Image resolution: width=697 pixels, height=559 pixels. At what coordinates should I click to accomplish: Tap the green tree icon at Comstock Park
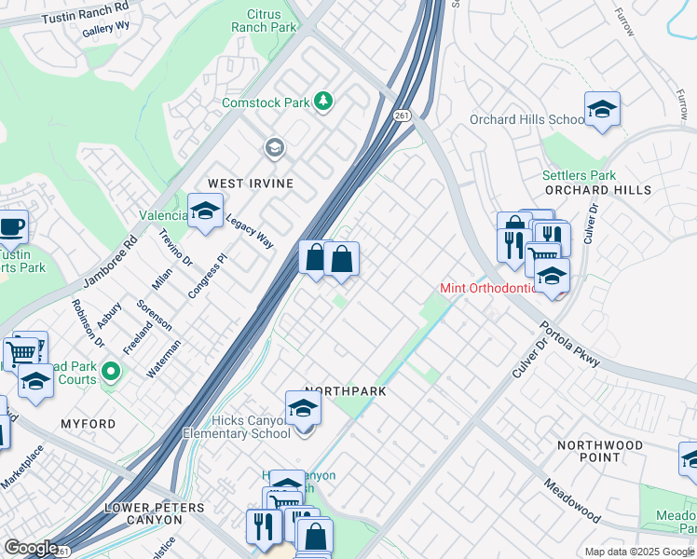pyautogui.click(x=323, y=101)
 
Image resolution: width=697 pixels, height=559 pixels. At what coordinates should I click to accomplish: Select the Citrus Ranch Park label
pyautogui.click(x=271, y=20)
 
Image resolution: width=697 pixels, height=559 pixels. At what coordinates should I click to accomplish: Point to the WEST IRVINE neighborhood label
pyautogui.click(x=250, y=184)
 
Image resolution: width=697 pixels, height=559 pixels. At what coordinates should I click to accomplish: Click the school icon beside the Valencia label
pyautogui.click(x=205, y=210)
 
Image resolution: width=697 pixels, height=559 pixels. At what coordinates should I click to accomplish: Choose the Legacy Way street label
pyautogui.click(x=250, y=229)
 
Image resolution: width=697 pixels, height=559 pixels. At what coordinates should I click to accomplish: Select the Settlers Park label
pyautogui.click(x=579, y=175)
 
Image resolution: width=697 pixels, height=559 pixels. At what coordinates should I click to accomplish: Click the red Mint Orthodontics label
pyautogui.click(x=490, y=288)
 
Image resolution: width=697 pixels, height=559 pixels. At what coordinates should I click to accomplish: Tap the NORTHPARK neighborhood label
pyautogui.click(x=346, y=391)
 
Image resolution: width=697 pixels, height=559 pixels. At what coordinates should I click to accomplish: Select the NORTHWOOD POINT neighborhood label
pyautogui.click(x=599, y=451)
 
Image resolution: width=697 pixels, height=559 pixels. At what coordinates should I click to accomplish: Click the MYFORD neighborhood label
pyautogui.click(x=89, y=424)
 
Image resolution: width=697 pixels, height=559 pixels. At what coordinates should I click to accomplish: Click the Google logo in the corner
pyautogui.click(x=31, y=548)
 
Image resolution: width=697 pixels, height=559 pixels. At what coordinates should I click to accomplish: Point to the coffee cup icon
pyautogui.click(x=11, y=226)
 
